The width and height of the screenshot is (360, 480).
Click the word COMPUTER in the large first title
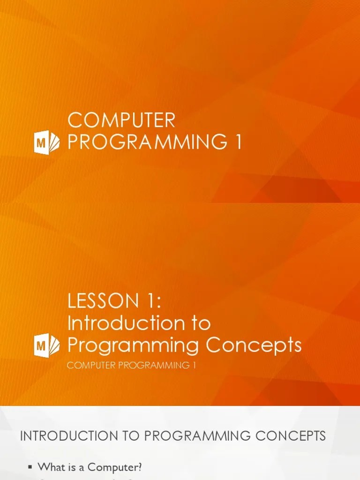point(121,120)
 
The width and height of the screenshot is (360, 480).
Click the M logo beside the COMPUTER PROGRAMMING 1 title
point(47,142)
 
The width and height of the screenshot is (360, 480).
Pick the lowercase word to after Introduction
point(199,323)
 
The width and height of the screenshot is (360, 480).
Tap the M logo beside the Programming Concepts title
point(47,346)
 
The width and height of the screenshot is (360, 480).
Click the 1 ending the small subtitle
point(193,365)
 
